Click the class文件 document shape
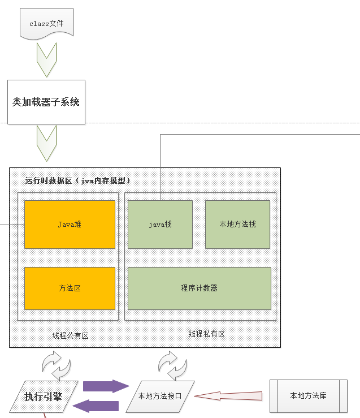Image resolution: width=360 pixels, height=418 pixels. [46, 24]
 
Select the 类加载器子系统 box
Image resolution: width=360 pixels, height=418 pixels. [46, 102]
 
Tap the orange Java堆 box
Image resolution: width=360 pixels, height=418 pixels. [70, 224]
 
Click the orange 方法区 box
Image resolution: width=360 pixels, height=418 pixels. [70, 288]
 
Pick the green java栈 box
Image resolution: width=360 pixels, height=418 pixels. [160, 225]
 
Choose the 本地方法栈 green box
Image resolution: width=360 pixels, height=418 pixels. [237, 225]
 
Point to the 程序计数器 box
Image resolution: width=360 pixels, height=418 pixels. [199, 288]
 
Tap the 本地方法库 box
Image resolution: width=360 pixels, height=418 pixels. [307, 395]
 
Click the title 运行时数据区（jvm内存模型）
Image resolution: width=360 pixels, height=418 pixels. [78, 181]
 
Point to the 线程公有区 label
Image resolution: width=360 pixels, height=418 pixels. [71, 335]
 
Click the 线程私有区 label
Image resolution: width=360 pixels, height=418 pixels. [206, 334]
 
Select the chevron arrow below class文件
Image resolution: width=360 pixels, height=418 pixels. [46, 59]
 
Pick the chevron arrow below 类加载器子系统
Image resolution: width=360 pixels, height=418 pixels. [46, 143]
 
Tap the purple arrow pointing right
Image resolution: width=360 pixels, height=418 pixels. [106, 386]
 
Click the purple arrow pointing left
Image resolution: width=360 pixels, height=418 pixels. [97, 406]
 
